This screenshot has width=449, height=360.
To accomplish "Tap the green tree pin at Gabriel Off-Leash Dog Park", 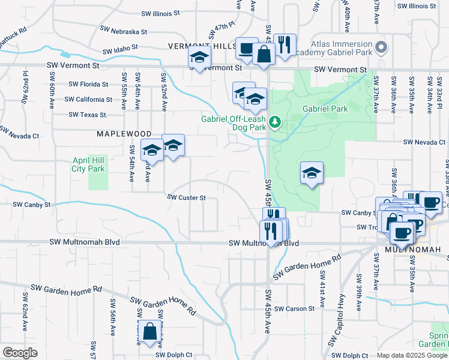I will tap(276, 122).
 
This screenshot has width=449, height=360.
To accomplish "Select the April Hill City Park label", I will tap(88, 165).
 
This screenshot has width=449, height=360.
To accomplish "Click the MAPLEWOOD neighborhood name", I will tap(122, 134).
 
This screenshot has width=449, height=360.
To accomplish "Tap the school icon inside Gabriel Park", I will tap(312, 173).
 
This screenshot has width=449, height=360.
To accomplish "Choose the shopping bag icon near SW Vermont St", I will tap(264, 53).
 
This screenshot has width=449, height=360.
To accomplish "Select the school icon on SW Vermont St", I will tap(199, 58).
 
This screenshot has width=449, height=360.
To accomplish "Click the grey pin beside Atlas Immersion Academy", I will tap(380, 47).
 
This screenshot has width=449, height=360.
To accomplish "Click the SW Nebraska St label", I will tap(124, 30).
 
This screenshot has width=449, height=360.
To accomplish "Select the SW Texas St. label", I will tap(88, 114).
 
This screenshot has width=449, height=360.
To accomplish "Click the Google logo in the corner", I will tap(20, 353).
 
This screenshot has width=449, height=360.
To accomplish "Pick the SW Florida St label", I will tap(88, 85).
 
